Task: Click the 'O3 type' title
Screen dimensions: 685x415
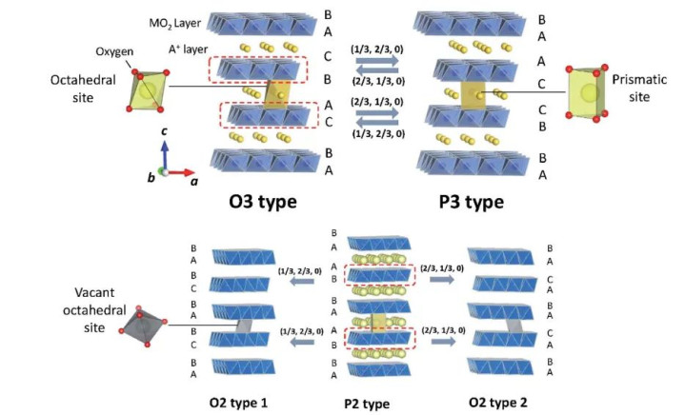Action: tap(263, 202)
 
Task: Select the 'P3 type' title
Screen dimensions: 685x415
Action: tap(471, 202)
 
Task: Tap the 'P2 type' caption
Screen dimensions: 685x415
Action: tap(367, 405)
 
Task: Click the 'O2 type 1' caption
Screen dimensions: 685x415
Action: tap(238, 403)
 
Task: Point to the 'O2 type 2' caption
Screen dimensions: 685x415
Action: tap(498, 402)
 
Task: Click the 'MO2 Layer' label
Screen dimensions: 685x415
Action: tap(174, 23)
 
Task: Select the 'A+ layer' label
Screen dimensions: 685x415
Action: tap(188, 49)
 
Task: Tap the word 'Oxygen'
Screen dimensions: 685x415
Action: tap(114, 51)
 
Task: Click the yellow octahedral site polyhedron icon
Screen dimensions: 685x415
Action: tap(148, 90)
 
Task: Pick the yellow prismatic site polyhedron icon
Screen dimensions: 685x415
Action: tap(587, 93)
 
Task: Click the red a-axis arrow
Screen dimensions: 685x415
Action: tap(179, 172)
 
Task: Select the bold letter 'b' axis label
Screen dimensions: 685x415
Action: tap(151, 178)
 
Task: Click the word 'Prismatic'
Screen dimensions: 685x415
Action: tap(639, 79)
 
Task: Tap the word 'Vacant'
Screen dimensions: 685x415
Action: tap(95, 292)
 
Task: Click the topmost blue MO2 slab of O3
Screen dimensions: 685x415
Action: tap(262, 24)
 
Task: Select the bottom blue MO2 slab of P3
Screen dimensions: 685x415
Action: tap(473, 163)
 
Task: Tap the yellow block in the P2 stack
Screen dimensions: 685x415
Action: tap(378, 323)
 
